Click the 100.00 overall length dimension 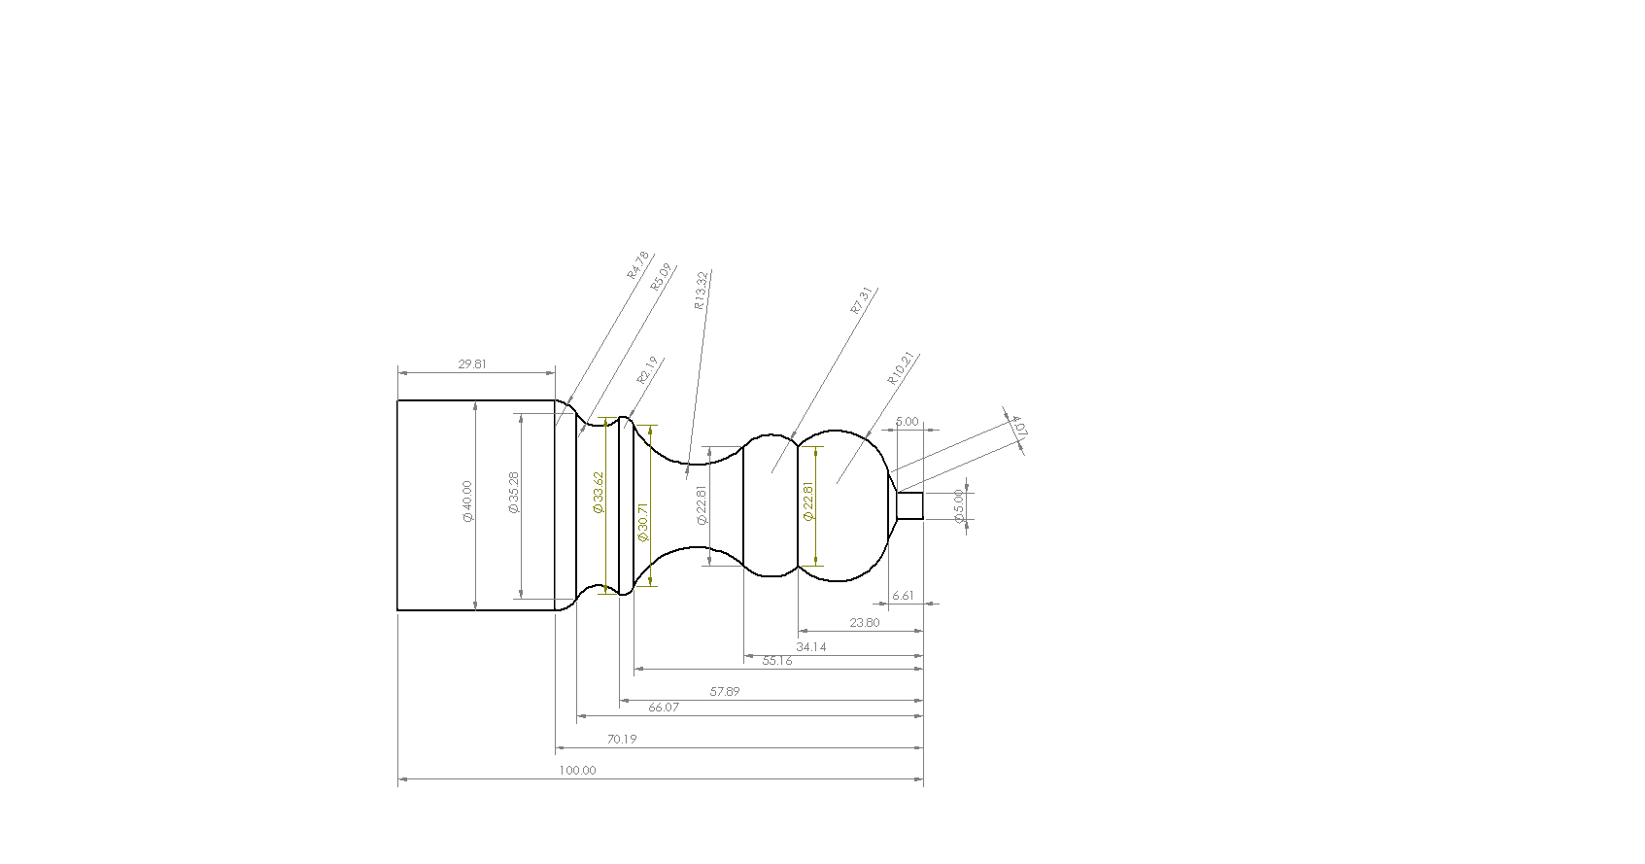click(x=577, y=771)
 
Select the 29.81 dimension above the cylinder click(x=472, y=364)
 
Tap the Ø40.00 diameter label click(x=467, y=501)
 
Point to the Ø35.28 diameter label click(x=513, y=493)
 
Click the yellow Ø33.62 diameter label click(x=599, y=493)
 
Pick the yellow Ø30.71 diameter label click(x=642, y=522)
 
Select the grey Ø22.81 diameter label click(x=702, y=505)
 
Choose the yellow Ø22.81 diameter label click(x=808, y=502)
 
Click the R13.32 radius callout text click(x=701, y=291)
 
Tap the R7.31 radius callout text click(x=862, y=300)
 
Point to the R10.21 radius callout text click(x=902, y=368)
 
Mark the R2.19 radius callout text click(x=648, y=370)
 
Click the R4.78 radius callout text click(x=637, y=265)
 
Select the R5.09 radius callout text click(x=661, y=277)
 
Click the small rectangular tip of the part click(x=909, y=506)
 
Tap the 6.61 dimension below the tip click(x=903, y=596)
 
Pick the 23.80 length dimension click(x=864, y=623)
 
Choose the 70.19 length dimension click(x=622, y=740)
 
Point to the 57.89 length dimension click(x=725, y=692)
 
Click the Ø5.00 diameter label click(x=959, y=506)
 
